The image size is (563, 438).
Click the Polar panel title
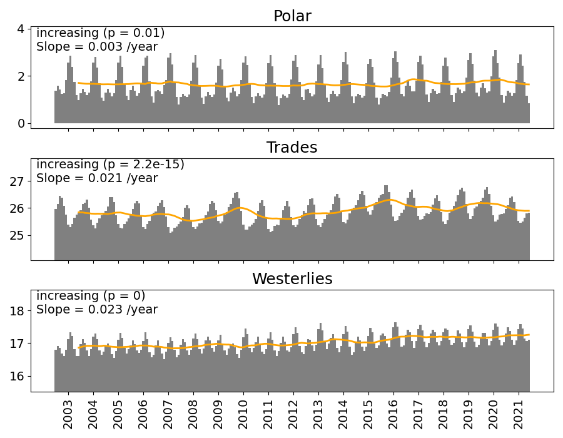point(292,16)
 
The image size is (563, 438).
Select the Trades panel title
point(292,148)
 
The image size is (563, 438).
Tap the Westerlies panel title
point(292,279)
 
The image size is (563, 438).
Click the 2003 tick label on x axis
point(68,414)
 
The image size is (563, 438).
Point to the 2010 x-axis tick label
point(243,414)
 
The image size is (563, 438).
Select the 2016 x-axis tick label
point(393,414)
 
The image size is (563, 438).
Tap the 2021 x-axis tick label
point(519,414)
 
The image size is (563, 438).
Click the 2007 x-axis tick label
point(168,414)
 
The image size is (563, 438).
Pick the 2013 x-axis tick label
point(318,414)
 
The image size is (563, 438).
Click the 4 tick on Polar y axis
point(21,29)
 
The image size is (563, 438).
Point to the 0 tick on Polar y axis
point(21,123)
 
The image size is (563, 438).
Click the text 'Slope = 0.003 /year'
point(97,47)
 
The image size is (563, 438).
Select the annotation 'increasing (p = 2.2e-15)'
point(110,165)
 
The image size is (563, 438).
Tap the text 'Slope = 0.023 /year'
point(97,310)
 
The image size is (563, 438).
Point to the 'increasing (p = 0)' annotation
point(91,296)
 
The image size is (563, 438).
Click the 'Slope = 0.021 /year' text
point(97,178)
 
